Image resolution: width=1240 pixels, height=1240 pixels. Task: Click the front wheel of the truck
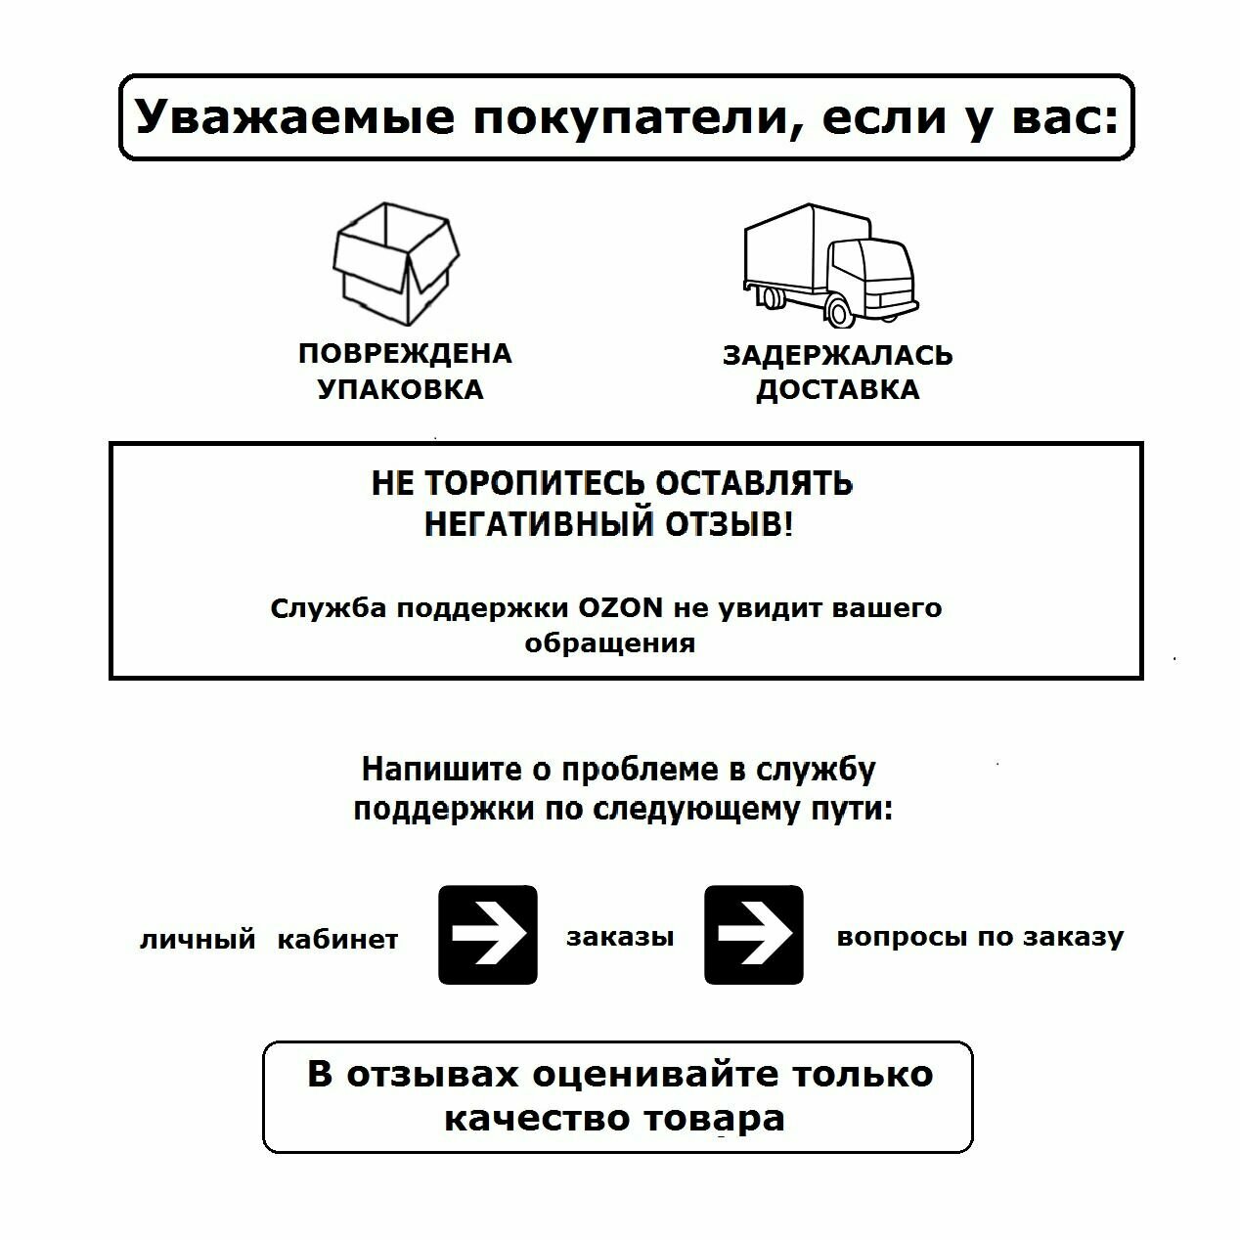[x=839, y=311]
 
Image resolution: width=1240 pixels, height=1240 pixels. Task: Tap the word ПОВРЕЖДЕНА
[x=405, y=354]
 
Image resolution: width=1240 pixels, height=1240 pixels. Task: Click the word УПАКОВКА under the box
[x=401, y=389]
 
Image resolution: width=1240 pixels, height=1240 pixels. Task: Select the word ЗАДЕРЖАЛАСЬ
[x=837, y=355]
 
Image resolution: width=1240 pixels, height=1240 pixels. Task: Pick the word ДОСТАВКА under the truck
[x=837, y=389]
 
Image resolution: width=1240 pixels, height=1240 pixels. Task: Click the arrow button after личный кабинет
[x=488, y=935]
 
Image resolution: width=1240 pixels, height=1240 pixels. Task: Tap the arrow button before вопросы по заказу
[x=754, y=935]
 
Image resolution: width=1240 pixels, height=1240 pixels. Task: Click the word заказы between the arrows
[x=620, y=937]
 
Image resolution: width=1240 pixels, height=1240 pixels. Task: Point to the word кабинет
[x=338, y=940]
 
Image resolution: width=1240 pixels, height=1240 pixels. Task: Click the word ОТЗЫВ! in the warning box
[x=730, y=524]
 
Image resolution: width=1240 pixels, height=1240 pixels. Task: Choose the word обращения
[x=610, y=643]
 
